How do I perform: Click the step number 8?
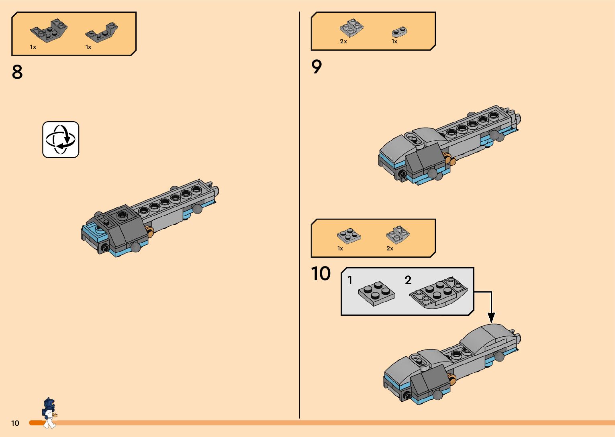point(17,72)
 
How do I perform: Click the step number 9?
point(317,67)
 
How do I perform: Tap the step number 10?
point(321,274)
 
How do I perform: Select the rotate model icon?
point(61,140)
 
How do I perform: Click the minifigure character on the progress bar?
point(49,413)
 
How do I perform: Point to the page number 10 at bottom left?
point(15,423)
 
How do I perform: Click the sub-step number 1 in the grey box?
point(350,280)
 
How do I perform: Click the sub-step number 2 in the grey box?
point(408,280)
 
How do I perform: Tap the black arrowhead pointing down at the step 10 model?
point(491,317)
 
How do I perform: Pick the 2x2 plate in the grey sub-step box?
point(376,294)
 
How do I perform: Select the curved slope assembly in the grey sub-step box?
point(438,294)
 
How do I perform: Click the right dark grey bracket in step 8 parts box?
point(102,33)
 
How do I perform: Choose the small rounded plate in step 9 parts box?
point(399,32)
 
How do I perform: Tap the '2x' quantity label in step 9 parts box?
point(343,41)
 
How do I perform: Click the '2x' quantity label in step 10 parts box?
point(390,248)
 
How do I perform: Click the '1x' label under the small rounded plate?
point(394,41)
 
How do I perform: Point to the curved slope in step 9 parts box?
point(351,28)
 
